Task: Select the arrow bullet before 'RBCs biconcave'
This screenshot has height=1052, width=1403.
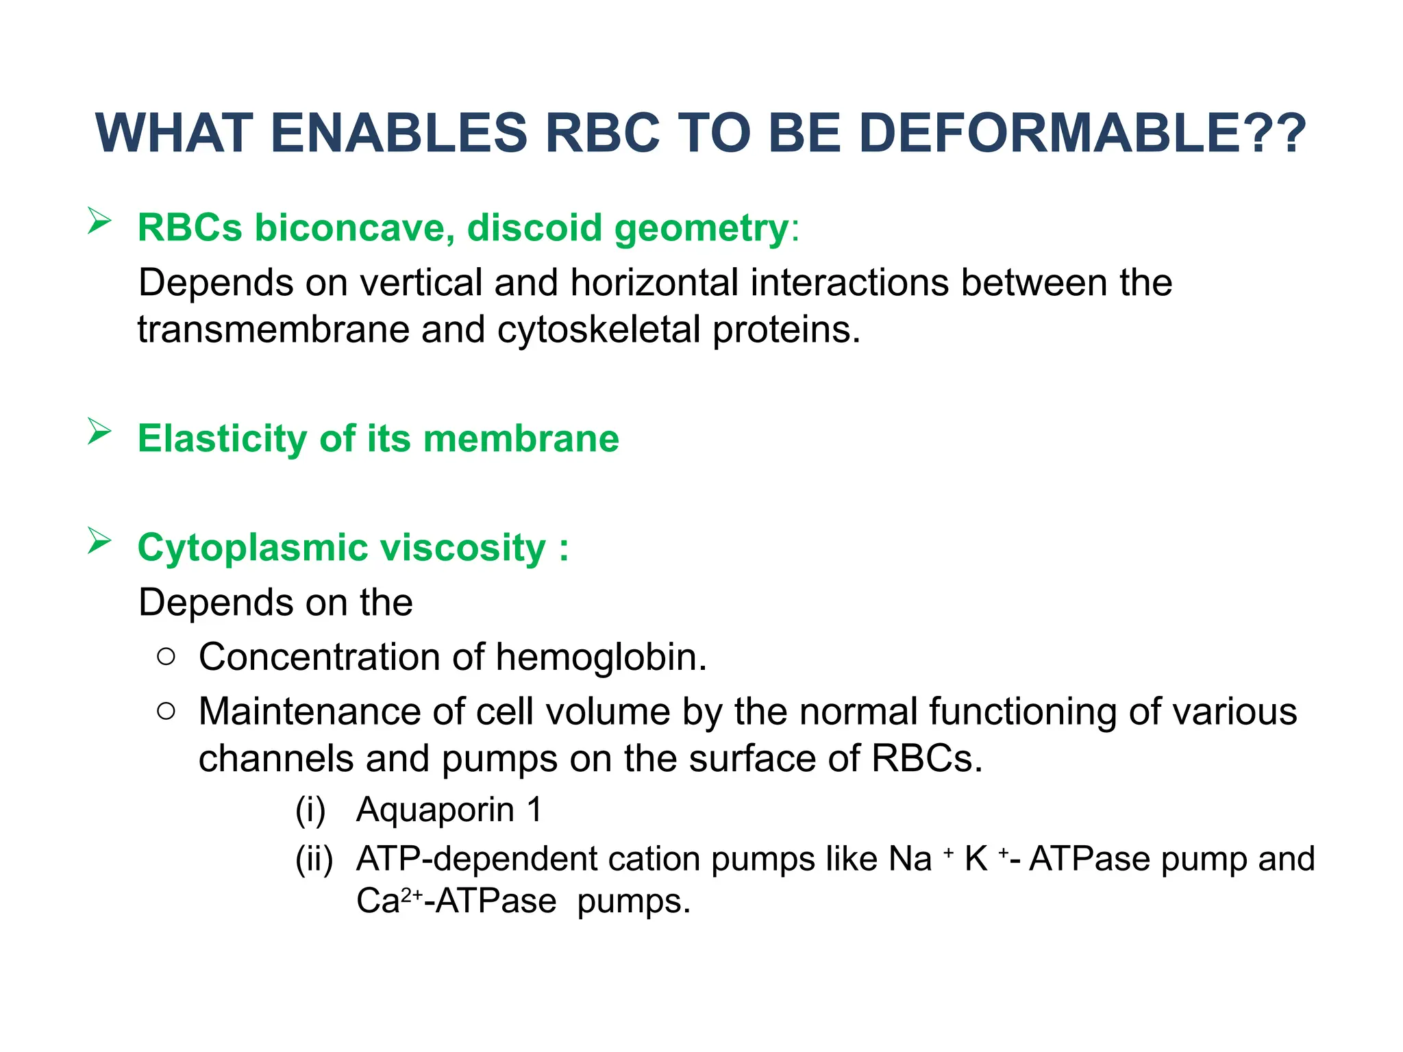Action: [x=99, y=222]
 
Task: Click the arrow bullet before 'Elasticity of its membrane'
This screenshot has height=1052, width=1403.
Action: [x=99, y=432]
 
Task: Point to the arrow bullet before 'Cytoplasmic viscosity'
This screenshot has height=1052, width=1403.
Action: [x=99, y=542]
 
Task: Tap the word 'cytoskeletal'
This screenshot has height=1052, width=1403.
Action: [x=599, y=330]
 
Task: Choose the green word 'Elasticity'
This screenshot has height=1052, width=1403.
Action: [x=222, y=438]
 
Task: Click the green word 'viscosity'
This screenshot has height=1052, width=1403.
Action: [x=462, y=548]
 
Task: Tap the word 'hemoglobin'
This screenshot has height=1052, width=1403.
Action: [x=599, y=657]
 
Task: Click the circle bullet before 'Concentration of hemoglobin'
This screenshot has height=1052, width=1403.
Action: [x=166, y=657]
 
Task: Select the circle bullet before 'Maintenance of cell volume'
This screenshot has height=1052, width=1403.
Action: [x=166, y=712]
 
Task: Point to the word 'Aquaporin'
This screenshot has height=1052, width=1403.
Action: [x=435, y=810]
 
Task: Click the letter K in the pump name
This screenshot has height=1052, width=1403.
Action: [x=976, y=860]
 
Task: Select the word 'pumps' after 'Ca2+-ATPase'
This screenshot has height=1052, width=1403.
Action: [x=633, y=902]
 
